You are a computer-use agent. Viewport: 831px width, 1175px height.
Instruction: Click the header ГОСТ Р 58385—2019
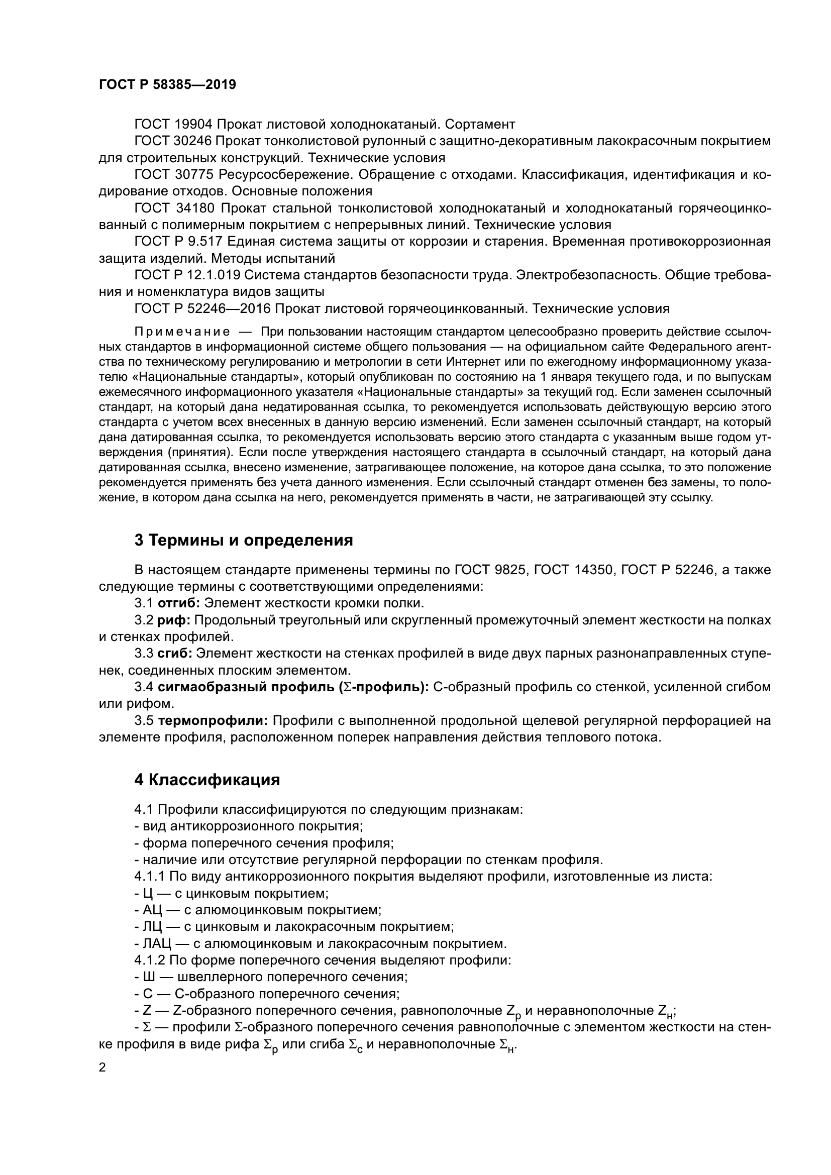click(x=167, y=85)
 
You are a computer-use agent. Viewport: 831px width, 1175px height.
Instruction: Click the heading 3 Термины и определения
click(x=244, y=540)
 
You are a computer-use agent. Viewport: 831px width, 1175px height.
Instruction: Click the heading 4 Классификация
click(x=207, y=780)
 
